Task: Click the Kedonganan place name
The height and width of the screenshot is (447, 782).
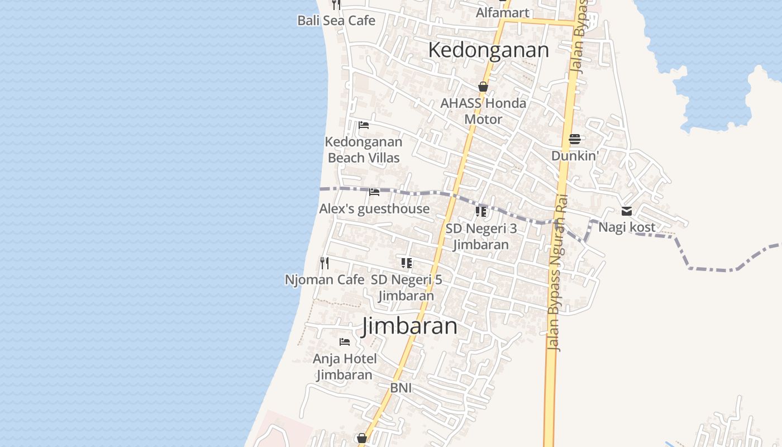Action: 488,50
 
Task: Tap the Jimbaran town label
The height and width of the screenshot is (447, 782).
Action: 409,326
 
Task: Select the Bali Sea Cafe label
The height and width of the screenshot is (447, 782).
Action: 336,21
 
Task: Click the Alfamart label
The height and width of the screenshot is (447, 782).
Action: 502,12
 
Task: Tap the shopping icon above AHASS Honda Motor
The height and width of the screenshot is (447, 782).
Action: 483,87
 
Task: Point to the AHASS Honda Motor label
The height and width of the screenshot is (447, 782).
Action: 483,111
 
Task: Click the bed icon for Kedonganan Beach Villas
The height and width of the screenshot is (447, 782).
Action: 364,125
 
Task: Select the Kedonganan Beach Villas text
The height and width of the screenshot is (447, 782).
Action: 364,150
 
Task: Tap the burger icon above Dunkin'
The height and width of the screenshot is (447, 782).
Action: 575,139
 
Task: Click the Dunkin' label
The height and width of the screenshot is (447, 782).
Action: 575,156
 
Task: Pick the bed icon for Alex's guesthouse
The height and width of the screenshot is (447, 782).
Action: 374,192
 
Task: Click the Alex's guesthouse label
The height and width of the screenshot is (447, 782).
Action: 374,209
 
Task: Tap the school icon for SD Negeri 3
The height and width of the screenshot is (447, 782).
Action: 481,212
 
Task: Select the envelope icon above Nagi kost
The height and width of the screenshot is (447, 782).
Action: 627,211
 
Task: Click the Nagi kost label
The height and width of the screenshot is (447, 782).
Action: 627,227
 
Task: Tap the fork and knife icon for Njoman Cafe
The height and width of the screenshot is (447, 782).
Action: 324,263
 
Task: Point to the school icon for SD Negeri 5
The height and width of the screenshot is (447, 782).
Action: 407,263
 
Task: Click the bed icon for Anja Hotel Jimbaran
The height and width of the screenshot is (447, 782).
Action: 345,341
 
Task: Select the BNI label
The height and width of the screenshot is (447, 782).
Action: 401,388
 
